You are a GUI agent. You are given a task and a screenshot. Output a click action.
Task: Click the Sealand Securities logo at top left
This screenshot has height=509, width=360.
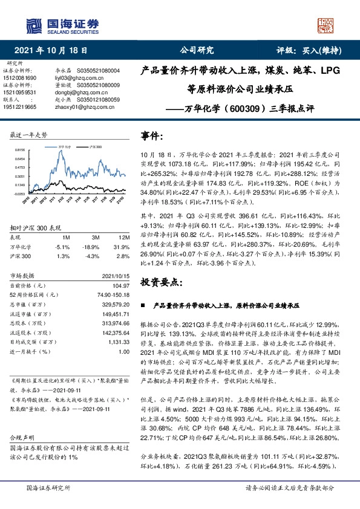(x=61, y=25)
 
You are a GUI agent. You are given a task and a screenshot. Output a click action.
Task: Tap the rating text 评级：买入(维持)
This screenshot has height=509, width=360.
(x=310, y=51)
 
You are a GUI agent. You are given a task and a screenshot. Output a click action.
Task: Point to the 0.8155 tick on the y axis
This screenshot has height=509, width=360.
(x=19, y=149)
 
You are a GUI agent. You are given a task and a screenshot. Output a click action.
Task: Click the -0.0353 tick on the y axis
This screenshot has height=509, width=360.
(x=19, y=194)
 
